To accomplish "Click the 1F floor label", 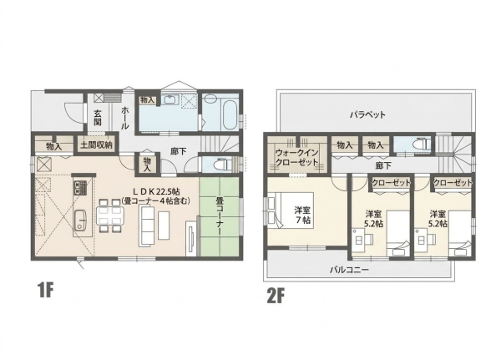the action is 45,291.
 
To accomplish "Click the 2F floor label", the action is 276,296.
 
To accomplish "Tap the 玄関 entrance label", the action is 98,118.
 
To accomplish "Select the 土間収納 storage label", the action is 96,145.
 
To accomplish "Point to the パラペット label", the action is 367,114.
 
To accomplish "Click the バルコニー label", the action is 349,270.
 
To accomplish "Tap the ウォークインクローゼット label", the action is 296,157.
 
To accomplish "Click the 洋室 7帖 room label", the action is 302,215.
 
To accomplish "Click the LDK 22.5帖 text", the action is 156,191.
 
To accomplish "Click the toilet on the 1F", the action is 224,165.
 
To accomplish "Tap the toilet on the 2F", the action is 421,145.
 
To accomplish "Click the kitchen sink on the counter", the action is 82,220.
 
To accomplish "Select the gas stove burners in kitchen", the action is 80,188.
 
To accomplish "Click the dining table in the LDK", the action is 109,215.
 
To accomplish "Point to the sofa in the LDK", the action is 147,226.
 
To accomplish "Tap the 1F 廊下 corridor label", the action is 179,151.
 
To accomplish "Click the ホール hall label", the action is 124,118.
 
